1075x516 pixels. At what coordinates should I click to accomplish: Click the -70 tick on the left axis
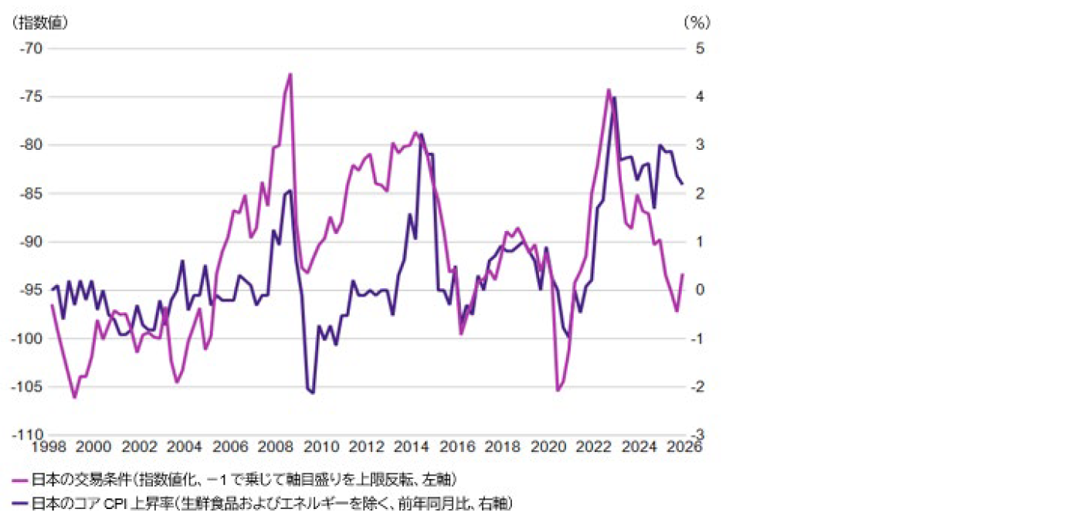pyautogui.click(x=32, y=48)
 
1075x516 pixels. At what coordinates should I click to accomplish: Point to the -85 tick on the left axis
pyautogui.click(x=32, y=193)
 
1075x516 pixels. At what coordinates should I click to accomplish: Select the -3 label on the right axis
pyautogui.click(x=697, y=435)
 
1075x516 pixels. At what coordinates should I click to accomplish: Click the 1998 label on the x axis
pyautogui.click(x=48, y=447)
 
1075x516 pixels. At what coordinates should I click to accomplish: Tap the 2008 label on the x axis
pyautogui.click(x=276, y=447)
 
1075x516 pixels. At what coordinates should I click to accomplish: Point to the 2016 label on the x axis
pyautogui.click(x=458, y=447)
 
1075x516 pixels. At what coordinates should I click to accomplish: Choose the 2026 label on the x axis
pyautogui.click(x=684, y=447)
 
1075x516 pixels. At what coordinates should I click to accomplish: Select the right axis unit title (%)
pyautogui.click(x=697, y=22)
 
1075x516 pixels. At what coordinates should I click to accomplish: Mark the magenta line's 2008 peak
pyautogui.click(x=290, y=74)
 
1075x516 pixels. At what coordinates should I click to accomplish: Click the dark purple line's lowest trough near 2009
pyautogui.click(x=313, y=393)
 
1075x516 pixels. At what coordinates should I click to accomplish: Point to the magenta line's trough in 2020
pyautogui.click(x=558, y=390)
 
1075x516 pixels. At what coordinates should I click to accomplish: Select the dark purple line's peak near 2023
pyautogui.click(x=615, y=97)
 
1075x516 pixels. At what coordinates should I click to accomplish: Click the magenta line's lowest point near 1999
pyautogui.click(x=75, y=397)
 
